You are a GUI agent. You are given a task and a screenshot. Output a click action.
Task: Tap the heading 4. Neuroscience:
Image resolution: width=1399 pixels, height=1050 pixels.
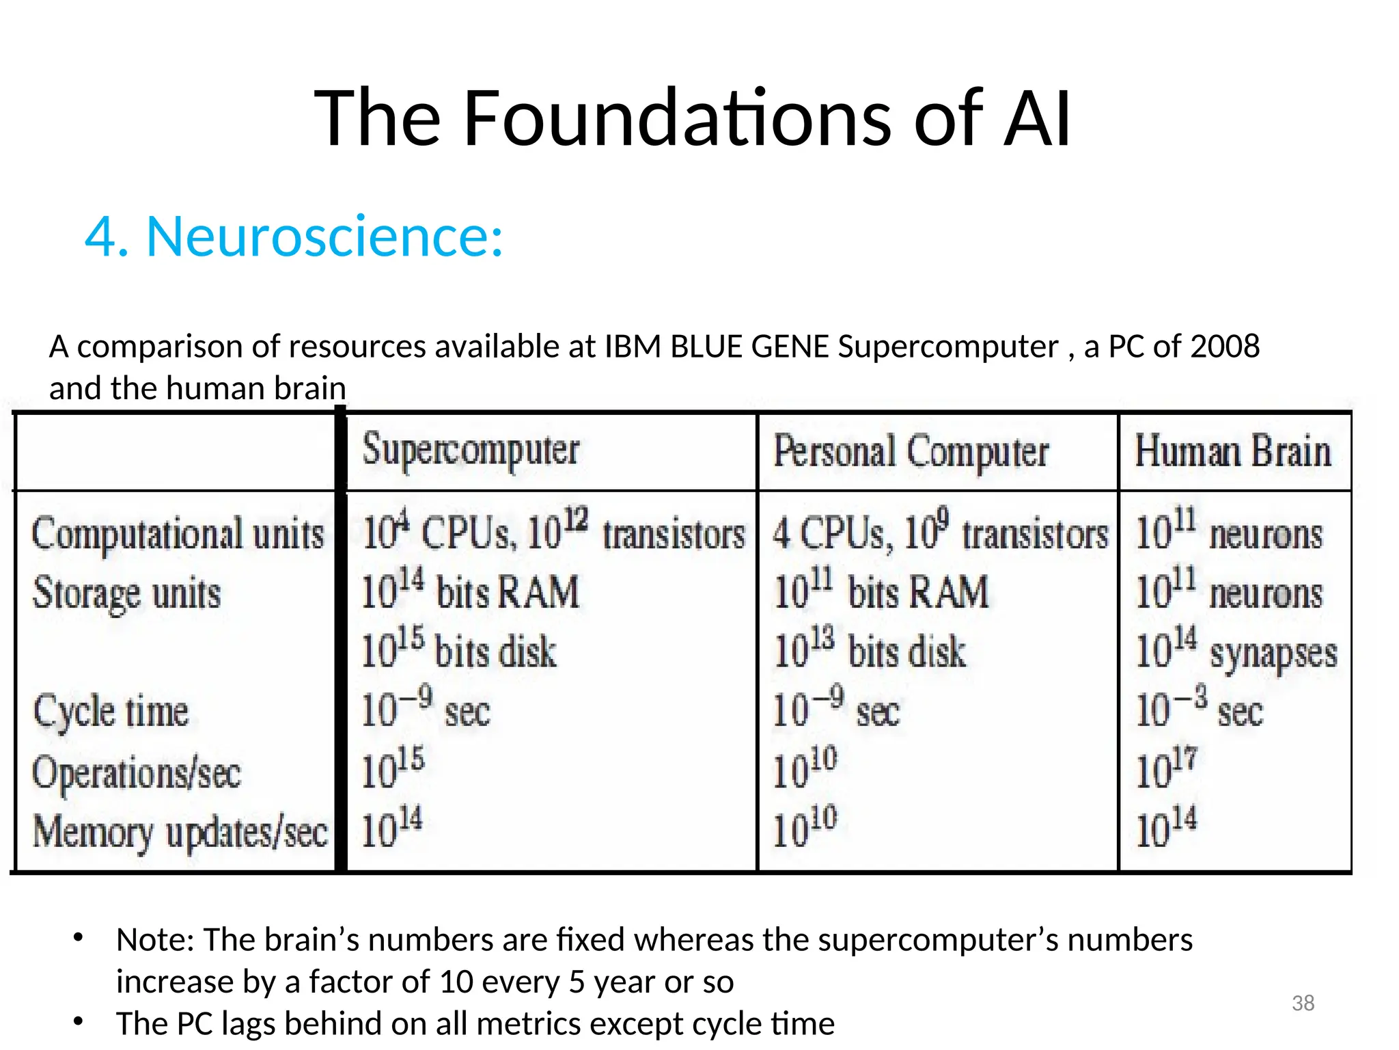(x=294, y=237)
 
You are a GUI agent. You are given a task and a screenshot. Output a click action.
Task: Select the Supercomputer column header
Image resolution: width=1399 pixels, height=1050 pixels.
(x=471, y=450)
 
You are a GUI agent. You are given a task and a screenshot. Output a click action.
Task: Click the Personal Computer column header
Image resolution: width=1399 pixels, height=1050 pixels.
(x=911, y=453)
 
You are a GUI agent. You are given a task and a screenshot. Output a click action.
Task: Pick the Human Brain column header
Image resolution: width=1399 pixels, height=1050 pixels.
(x=1233, y=452)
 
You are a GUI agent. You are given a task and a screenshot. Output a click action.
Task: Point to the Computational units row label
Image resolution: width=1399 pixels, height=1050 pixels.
(x=178, y=534)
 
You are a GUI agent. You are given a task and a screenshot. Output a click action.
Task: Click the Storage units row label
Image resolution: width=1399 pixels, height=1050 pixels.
(x=127, y=593)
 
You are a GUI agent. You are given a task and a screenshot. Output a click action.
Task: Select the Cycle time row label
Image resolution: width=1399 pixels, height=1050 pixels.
(x=111, y=712)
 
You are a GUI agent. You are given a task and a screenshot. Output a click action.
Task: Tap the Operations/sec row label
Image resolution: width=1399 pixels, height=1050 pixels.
(x=137, y=773)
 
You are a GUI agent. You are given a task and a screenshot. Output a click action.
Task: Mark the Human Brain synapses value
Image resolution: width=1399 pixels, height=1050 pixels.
(x=1236, y=650)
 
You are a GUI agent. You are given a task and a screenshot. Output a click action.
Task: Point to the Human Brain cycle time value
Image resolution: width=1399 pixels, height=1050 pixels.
(x=1199, y=709)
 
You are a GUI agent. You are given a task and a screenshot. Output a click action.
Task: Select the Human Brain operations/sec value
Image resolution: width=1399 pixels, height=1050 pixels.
(x=1166, y=768)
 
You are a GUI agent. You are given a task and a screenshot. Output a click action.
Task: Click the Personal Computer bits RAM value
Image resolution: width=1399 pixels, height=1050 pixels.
(x=881, y=591)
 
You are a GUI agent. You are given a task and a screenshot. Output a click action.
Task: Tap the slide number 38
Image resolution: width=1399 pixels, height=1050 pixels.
(x=1303, y=1003)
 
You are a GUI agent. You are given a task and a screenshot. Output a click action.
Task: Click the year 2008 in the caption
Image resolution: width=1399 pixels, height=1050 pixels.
(x=1225, y=347)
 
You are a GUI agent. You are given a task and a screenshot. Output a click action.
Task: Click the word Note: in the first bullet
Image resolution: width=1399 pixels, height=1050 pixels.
(x=156, y=940)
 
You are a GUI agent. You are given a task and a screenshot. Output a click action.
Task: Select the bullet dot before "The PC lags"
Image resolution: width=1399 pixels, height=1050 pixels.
(x=79, y=1021)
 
